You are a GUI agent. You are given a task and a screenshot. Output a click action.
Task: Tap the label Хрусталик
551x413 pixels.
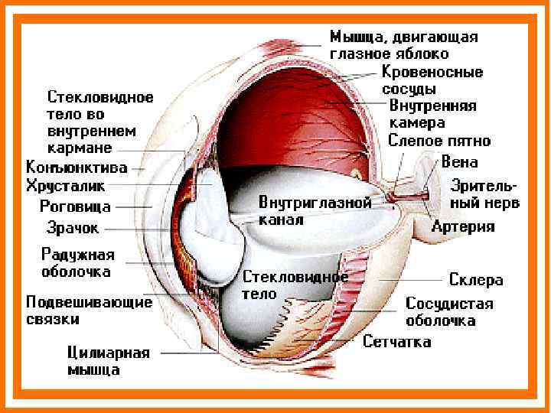[66, 186]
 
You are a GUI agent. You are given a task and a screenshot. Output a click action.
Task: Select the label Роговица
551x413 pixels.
[75, 206]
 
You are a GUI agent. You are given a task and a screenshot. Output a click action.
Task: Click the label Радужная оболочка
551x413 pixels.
[78, 262]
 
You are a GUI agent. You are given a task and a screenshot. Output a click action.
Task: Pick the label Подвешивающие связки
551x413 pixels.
[89, 310]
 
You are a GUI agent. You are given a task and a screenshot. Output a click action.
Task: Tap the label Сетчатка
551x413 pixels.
[397, 341]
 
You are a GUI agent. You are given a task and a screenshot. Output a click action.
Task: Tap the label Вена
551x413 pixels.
[460, 162]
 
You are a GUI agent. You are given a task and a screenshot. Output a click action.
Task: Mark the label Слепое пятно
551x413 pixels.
[439, 141]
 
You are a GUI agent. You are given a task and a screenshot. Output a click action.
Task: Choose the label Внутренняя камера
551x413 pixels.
[432, 113]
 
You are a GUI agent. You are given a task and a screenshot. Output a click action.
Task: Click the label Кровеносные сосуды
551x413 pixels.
[432, 80]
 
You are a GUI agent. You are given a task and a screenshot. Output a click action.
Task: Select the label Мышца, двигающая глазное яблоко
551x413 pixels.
[404, 45]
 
